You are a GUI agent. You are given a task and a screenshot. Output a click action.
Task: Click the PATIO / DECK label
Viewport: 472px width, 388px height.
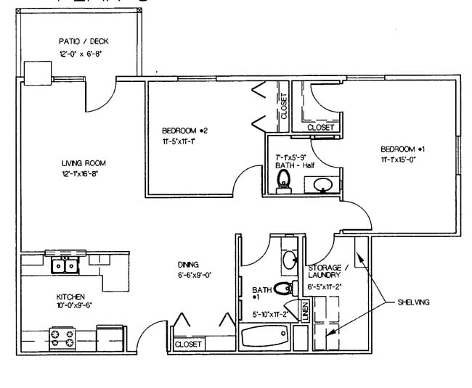(x=84, y=41)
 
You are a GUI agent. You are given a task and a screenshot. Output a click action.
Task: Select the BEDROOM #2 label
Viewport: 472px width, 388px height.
(x=185, y=131)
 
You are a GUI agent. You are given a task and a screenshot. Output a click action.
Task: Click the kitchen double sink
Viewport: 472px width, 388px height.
(x=65, y=265)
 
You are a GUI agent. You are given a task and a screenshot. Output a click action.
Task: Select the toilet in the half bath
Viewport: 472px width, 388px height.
(x=284, y=181)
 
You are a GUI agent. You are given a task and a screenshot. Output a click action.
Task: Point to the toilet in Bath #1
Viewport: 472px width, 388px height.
(x=284, y=289)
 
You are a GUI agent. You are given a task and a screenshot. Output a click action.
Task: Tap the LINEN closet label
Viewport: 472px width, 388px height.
(x=306, y=311)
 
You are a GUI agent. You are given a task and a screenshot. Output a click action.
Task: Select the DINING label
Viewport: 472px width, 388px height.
(x=188, y=265)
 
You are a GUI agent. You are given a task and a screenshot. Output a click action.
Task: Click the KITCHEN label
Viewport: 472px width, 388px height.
(x=71, y=297)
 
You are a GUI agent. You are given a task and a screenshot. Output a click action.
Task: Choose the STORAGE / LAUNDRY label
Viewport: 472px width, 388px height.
(x=328, y=271)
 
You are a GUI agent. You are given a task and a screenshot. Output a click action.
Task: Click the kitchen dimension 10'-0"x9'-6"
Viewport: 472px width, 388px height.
(x=74, y=305)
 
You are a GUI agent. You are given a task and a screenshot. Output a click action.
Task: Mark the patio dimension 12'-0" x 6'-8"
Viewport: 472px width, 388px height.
(x=84, y=52)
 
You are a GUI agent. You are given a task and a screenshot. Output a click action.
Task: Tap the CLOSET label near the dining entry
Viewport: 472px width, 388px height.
(x=188, y=344)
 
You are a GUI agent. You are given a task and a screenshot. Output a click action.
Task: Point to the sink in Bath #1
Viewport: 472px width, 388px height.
(x=289, y=257)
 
